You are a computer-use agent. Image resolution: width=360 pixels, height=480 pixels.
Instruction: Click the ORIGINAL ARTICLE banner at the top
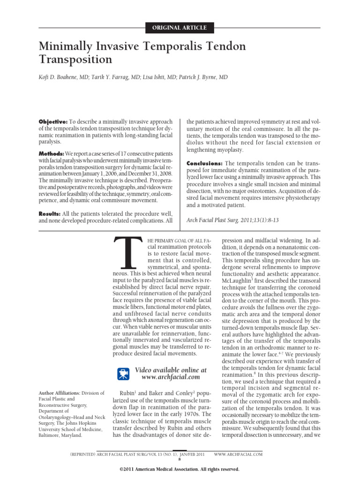(x=180, y=28)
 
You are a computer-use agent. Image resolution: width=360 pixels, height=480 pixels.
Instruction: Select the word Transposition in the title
(x=75, y=60)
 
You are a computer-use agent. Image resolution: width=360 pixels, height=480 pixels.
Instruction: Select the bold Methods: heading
(x=51, y=154)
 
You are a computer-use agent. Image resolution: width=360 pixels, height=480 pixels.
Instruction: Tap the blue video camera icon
(x=123, y=373)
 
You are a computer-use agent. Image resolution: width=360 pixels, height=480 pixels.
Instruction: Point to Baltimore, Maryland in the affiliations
(x=62, y=435)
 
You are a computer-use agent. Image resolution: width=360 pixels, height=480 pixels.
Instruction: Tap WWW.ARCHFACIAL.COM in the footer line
(x=238, y=454)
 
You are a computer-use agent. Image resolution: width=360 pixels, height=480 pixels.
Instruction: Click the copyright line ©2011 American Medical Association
(x=180, y=469)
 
